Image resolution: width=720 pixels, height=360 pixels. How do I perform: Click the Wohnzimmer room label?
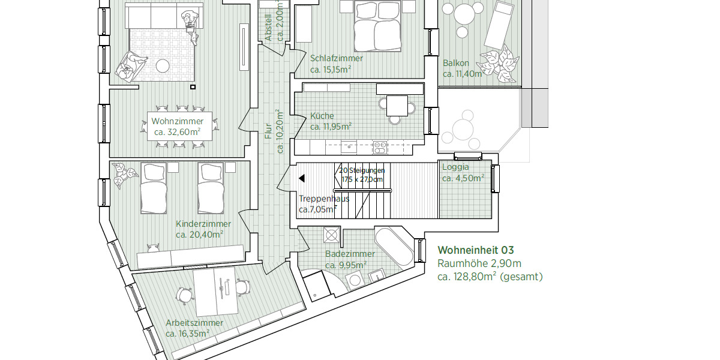(x=173, y=121)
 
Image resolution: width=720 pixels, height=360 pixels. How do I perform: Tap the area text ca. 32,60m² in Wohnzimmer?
(x=177, y=132)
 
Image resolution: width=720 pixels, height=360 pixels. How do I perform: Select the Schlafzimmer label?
(x=336, y=58)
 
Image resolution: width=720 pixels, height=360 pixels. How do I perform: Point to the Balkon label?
(x=455, y=63)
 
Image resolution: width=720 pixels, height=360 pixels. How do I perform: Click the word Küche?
(x=322, y=116)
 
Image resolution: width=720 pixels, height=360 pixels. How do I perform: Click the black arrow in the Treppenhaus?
(x=302, y=178)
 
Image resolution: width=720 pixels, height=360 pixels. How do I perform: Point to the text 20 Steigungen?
(x=361, y=170)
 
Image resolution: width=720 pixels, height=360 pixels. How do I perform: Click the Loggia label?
(x=455, y=167)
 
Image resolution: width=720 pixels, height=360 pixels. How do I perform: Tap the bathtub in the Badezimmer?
(x=394, y=247)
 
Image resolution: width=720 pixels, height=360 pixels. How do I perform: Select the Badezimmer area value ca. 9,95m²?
(x=346, y=265)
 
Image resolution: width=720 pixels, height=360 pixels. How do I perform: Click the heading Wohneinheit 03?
(x=476, y=250)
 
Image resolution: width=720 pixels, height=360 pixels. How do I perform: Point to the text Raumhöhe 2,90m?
(x=479, y=263)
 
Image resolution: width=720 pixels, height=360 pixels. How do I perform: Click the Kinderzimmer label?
(x=199, y=224)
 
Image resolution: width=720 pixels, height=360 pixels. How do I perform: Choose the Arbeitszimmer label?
(x=194, y=323)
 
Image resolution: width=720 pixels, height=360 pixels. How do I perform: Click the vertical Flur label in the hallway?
(x=269, y=133)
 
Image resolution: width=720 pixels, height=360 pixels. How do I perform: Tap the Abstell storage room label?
(x=268, y=27)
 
